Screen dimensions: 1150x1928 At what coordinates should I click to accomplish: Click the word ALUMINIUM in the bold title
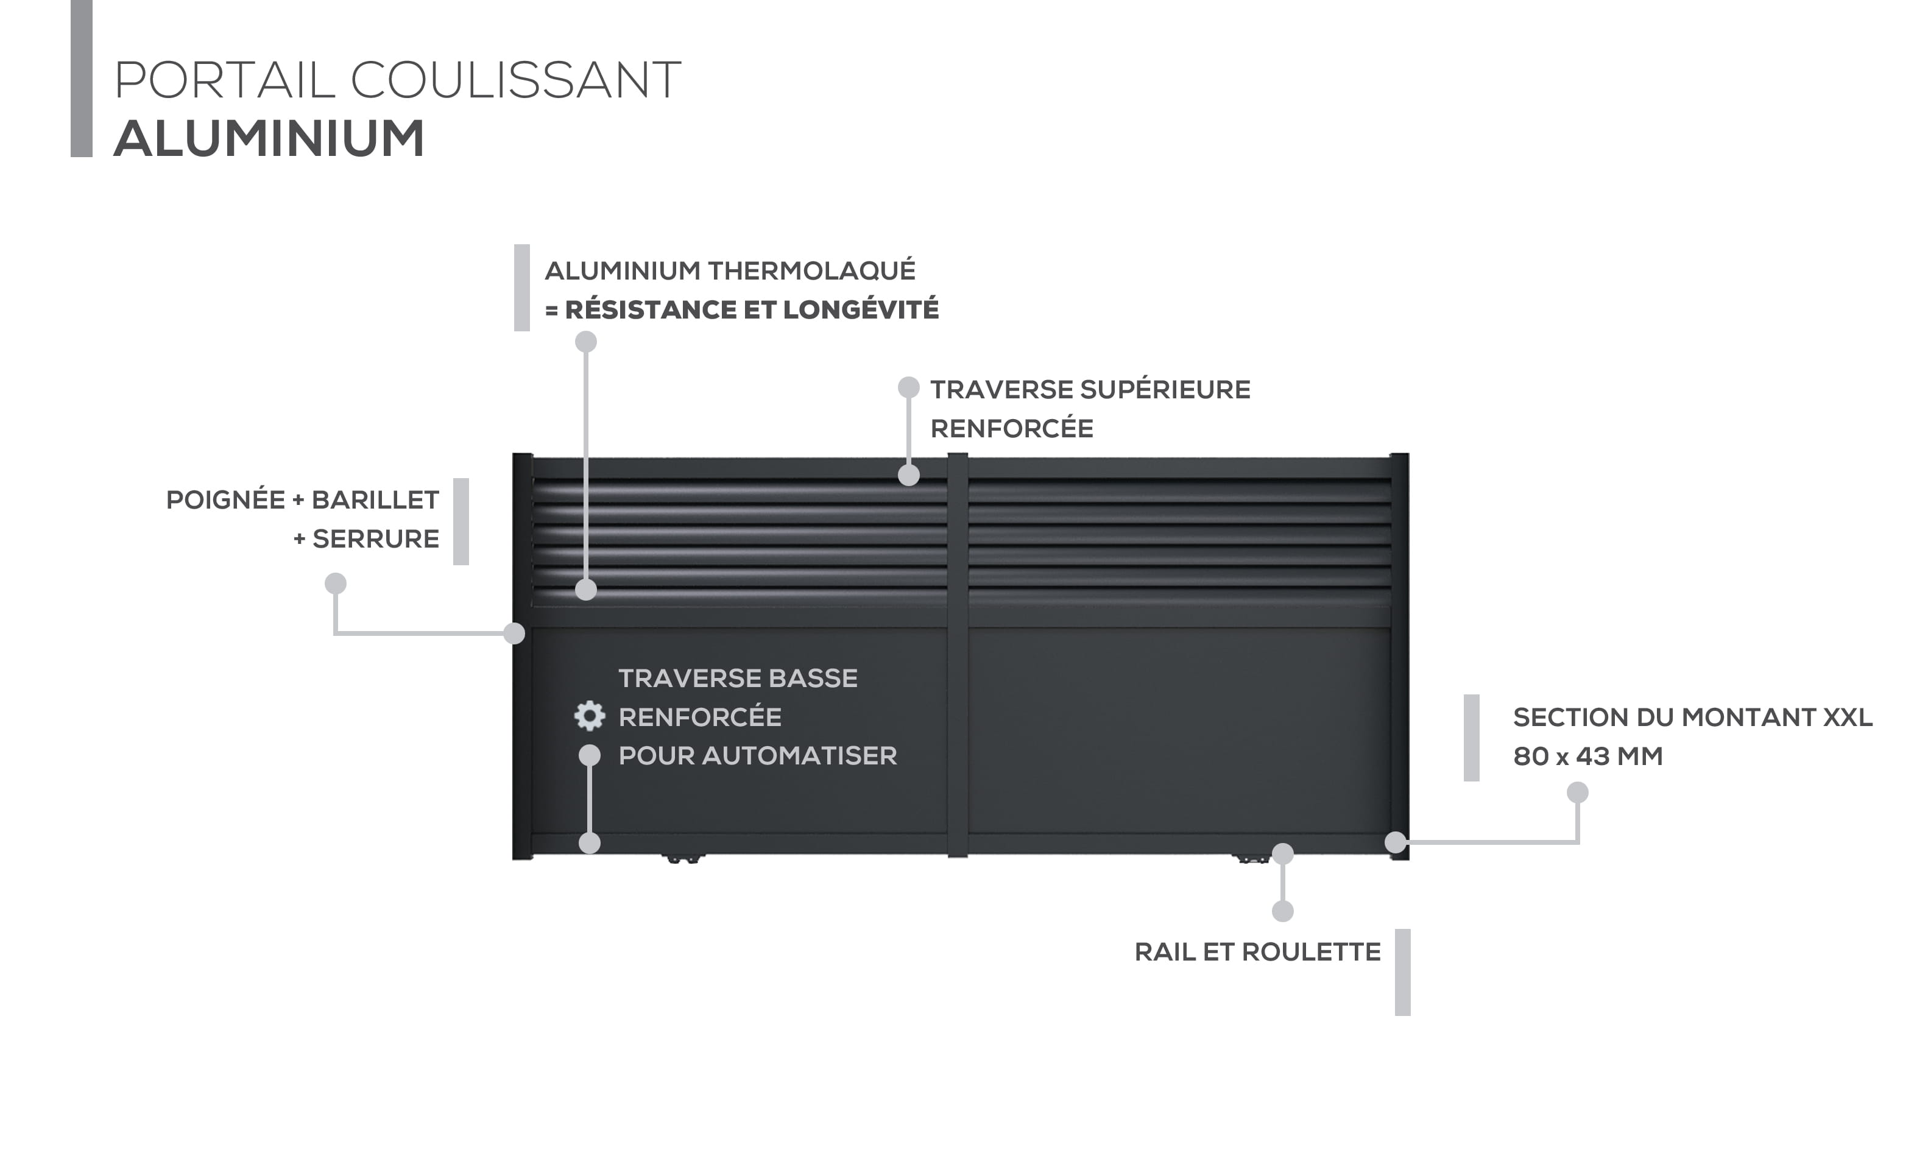pyautogui.click(x=269, y=139)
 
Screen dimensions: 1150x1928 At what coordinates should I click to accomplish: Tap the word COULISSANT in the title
pyautogui.click(x=515, y=80)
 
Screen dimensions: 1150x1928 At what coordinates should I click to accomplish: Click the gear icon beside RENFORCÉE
pyautogui.click(x=590, y=716)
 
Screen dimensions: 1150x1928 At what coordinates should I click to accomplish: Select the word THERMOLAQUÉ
pyautogui.click(x=811, y=270)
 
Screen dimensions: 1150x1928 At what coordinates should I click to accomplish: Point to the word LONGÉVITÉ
pyautogui.click(x=860, y=310)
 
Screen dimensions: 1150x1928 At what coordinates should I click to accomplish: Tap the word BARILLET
pyautogui.click(x=375, y=500)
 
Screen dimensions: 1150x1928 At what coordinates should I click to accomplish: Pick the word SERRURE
pyautogui.click(x=376, y=538)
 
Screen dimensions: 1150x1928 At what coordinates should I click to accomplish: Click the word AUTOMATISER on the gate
pyautogui.click(x=800, y=755)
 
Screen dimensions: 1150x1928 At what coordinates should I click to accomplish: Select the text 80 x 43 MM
pyautogui.click(x=1588, y=757)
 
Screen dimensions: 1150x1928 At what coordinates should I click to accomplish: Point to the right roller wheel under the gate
pyautogui.click(x=1251, y=859)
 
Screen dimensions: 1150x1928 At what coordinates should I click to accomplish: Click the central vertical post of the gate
pyautogui.click(x=958, y=655)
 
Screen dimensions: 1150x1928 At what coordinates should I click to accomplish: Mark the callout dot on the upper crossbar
pyautogui.click(x=909, y=475)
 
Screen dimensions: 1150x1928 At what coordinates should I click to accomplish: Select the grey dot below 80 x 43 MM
pyautogui.click(x=1578, y=792)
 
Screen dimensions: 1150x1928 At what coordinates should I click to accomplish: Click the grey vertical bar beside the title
pyautogui.click(x=82, y=77)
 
